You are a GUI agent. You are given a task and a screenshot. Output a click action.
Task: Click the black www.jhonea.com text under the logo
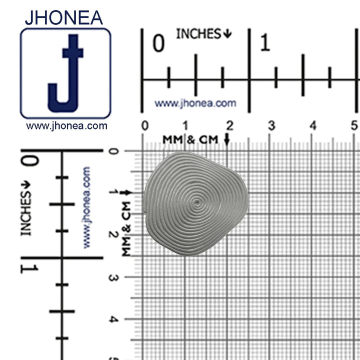(66, 126)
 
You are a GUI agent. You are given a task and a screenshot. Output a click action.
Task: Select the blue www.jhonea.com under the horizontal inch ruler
(195, 103)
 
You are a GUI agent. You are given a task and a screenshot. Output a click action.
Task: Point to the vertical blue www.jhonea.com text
(86, 207)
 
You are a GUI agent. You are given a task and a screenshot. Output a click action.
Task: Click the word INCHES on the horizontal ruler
(198, 34)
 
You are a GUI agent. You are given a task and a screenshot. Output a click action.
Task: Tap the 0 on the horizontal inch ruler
(158, 44)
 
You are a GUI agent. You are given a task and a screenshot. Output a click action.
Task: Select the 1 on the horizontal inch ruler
(265, 44)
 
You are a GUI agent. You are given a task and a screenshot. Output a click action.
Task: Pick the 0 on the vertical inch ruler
(30, 161)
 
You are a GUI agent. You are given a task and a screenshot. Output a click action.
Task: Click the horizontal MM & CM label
(190, 139)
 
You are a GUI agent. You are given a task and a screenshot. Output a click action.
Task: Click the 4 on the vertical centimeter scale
(113, 319)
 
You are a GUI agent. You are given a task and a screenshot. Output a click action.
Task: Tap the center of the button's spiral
(197, 203)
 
